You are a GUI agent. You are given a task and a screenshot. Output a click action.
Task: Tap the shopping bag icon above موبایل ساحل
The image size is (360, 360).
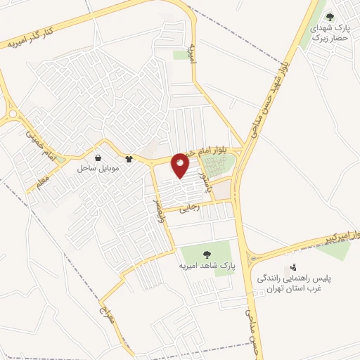pos(98,158)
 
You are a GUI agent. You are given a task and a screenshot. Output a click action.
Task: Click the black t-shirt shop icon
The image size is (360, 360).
pos(129,159)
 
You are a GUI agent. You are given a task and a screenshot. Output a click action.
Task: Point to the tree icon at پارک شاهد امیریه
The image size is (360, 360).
pos(207,254)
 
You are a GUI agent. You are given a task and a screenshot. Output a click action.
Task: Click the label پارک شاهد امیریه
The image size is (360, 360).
pos(207,266)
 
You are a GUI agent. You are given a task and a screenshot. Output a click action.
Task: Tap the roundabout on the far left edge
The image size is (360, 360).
pos(12,112)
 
